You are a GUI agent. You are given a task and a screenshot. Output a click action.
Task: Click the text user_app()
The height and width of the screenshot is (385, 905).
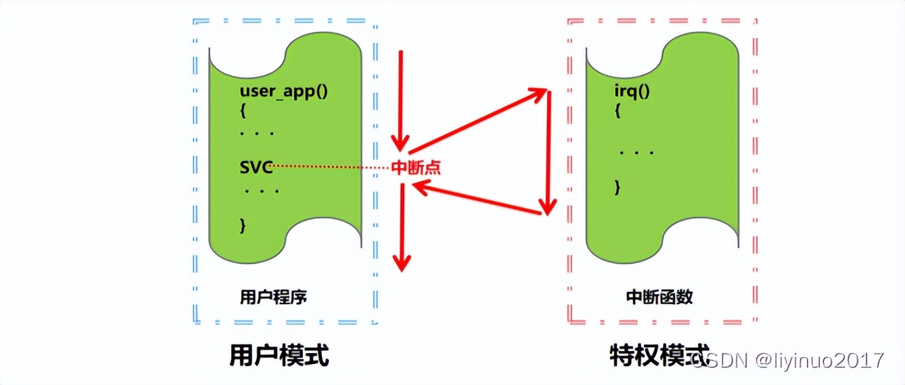pyautogui.click(x=283, y=91)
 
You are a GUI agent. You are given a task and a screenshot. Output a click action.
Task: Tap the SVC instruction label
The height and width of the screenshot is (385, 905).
pyautogui.click(x=255, y=166)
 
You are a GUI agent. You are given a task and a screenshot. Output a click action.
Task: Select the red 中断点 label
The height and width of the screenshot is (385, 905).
pyautogui.click(x=415, y=168)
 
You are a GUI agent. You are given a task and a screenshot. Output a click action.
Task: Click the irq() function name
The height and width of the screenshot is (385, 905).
pyautogui.click(x=632, y=91)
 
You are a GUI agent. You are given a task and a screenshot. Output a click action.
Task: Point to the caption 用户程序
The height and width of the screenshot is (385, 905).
pyautogui.click(x=274, y=297)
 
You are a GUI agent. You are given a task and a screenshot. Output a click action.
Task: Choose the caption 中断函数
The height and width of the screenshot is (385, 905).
pyautogui.click(x=659, y=297)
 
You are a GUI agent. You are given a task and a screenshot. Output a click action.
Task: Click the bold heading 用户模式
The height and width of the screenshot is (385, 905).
pyautogui.click(x=279, y=356)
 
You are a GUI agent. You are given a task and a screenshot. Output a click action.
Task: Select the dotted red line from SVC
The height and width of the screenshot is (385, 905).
pyautogui.click(x=330, y=166)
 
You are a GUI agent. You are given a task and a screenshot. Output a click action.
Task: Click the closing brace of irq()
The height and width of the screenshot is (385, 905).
pyautogui.click(x=617, y=188)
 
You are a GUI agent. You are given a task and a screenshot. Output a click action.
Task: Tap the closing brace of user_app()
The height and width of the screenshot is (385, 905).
pyautogui.click(x=244, y=226)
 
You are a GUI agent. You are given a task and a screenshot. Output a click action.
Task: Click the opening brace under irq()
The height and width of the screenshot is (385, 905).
pyautogui.click(x=617, y=112)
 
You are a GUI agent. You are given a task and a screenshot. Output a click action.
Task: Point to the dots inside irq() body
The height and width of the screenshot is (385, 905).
pyautogui.click(x=637, y=153)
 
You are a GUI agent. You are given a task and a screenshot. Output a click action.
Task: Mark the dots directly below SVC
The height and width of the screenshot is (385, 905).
pyautogui.click(x=262, y=192)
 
